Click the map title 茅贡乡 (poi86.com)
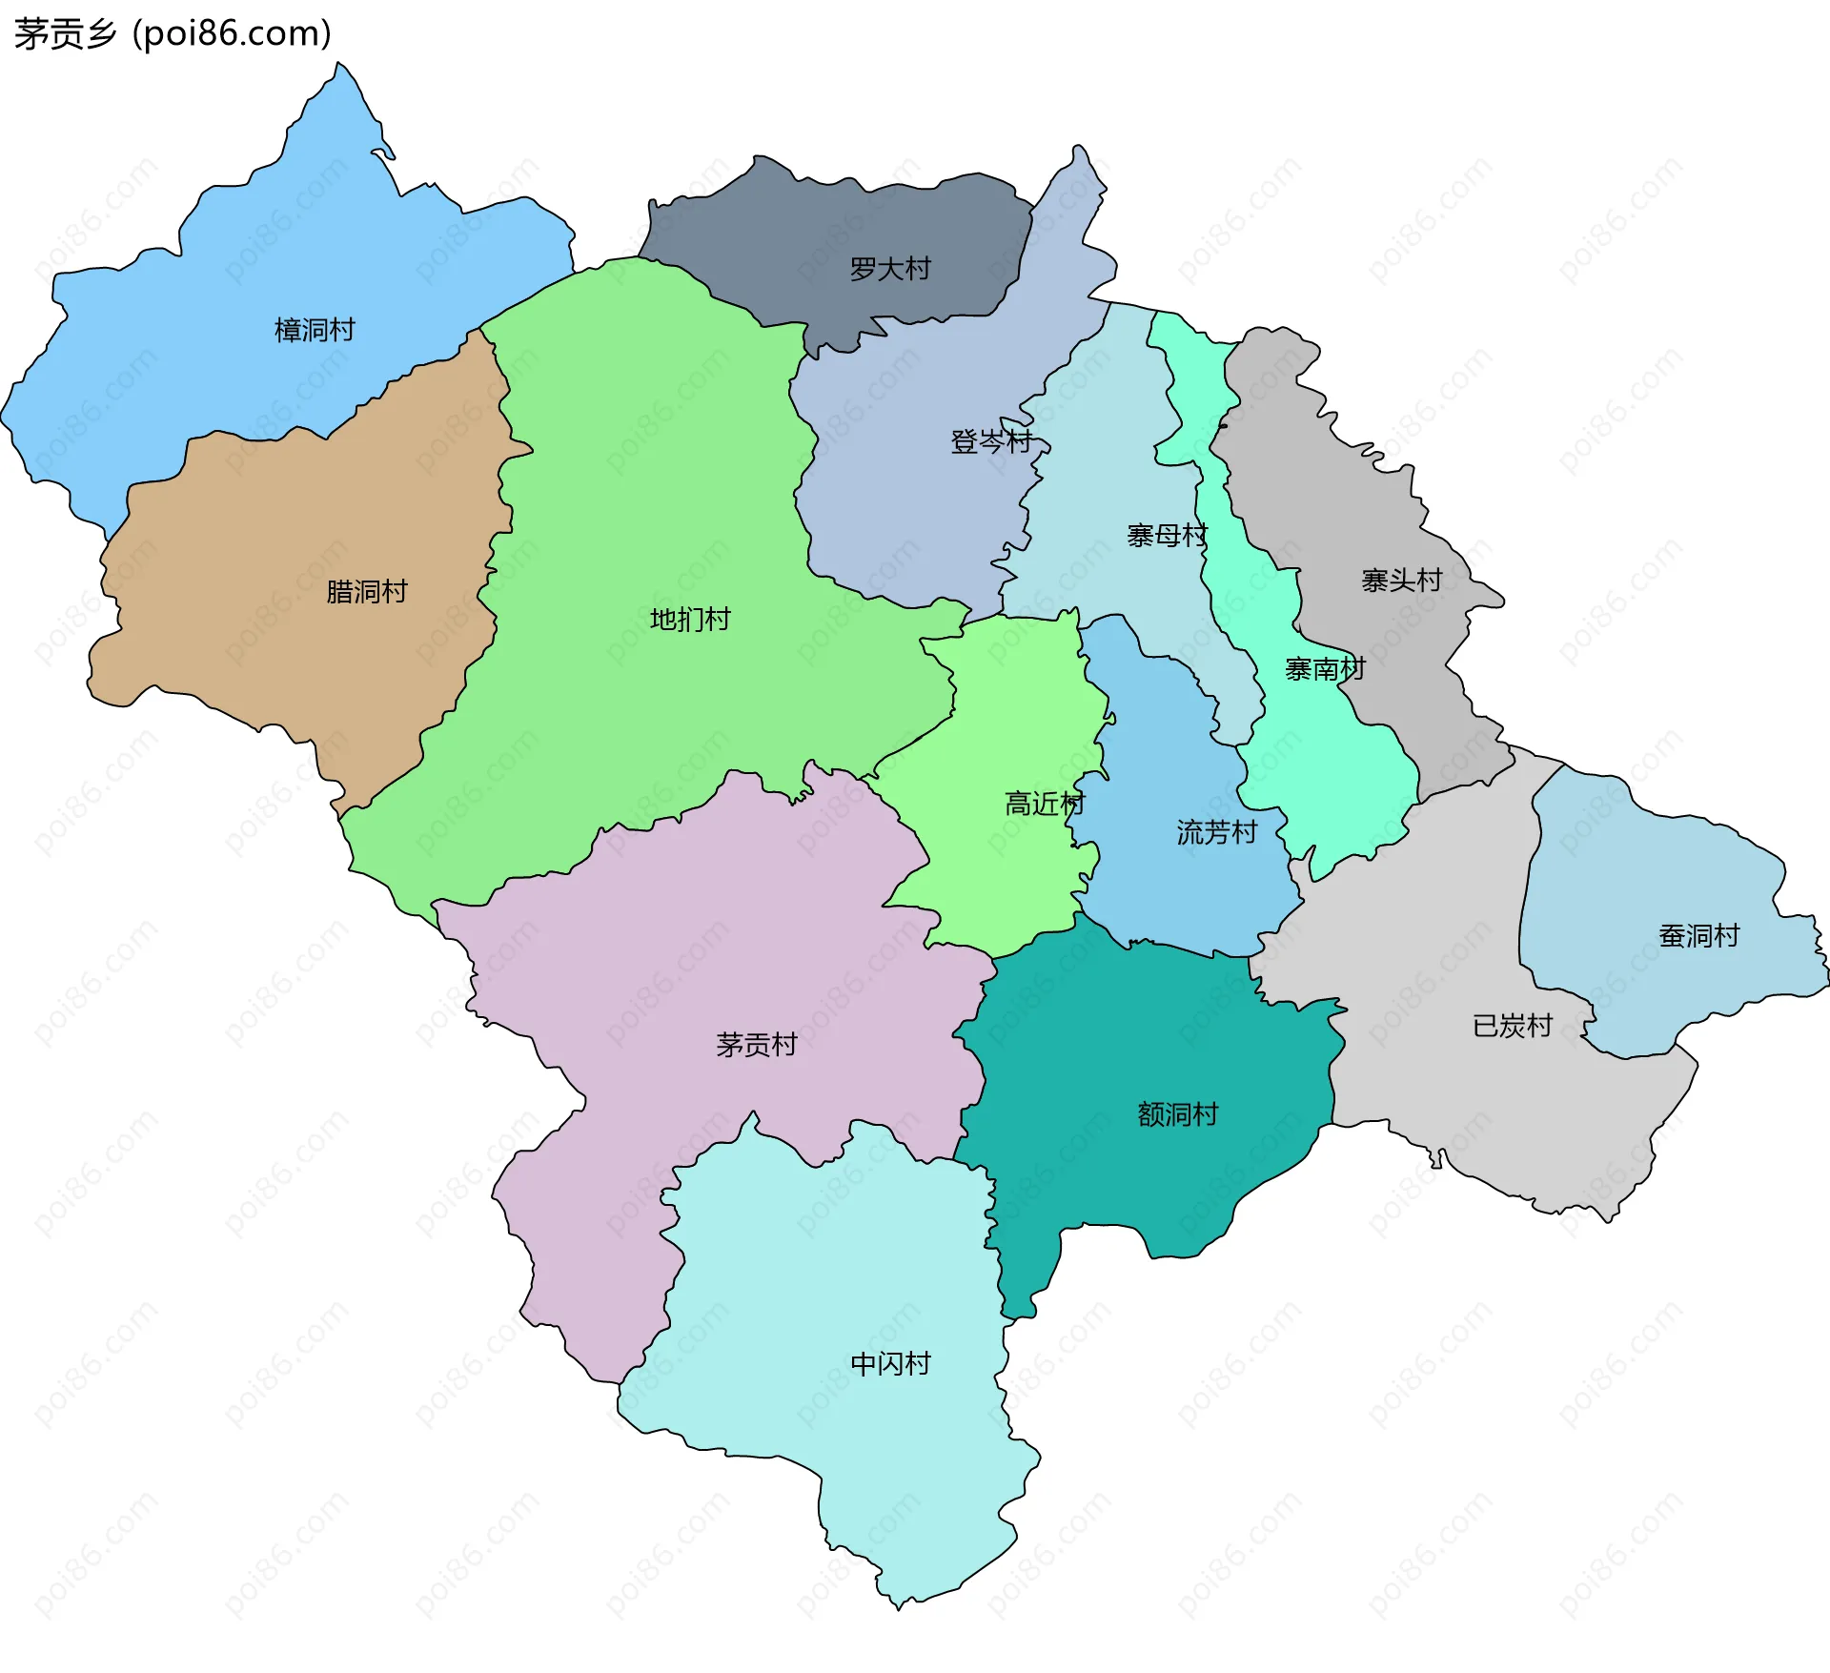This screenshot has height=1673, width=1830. click(x=173, y=33)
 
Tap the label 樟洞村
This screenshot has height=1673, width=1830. click(x=315, y=330)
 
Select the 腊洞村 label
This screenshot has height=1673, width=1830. click(x=366, y=591)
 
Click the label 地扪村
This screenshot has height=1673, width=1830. click(x=690, y=620)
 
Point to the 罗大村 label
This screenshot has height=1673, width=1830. click(x=889, y=269)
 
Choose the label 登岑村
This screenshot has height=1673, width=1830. click(x=991, y=441)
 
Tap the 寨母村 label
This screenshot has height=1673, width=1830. click(x=1167, y=536)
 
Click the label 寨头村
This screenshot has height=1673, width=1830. click(x=1401, y=580)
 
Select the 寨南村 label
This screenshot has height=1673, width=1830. click(x=1325, y=669)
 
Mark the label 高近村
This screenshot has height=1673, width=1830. click(x=1045, y=804)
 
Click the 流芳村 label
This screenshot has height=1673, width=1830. click(x=1216, y=832)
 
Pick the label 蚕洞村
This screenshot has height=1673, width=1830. click(x=1698, y=935)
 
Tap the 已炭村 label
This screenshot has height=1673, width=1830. click(x=1513, y=1026)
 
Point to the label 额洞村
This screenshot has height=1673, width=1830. click(x=1177, y=1113)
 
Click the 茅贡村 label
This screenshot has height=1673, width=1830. click(x=756, y=1045)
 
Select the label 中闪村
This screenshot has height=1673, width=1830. click(x=890, y=1363)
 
